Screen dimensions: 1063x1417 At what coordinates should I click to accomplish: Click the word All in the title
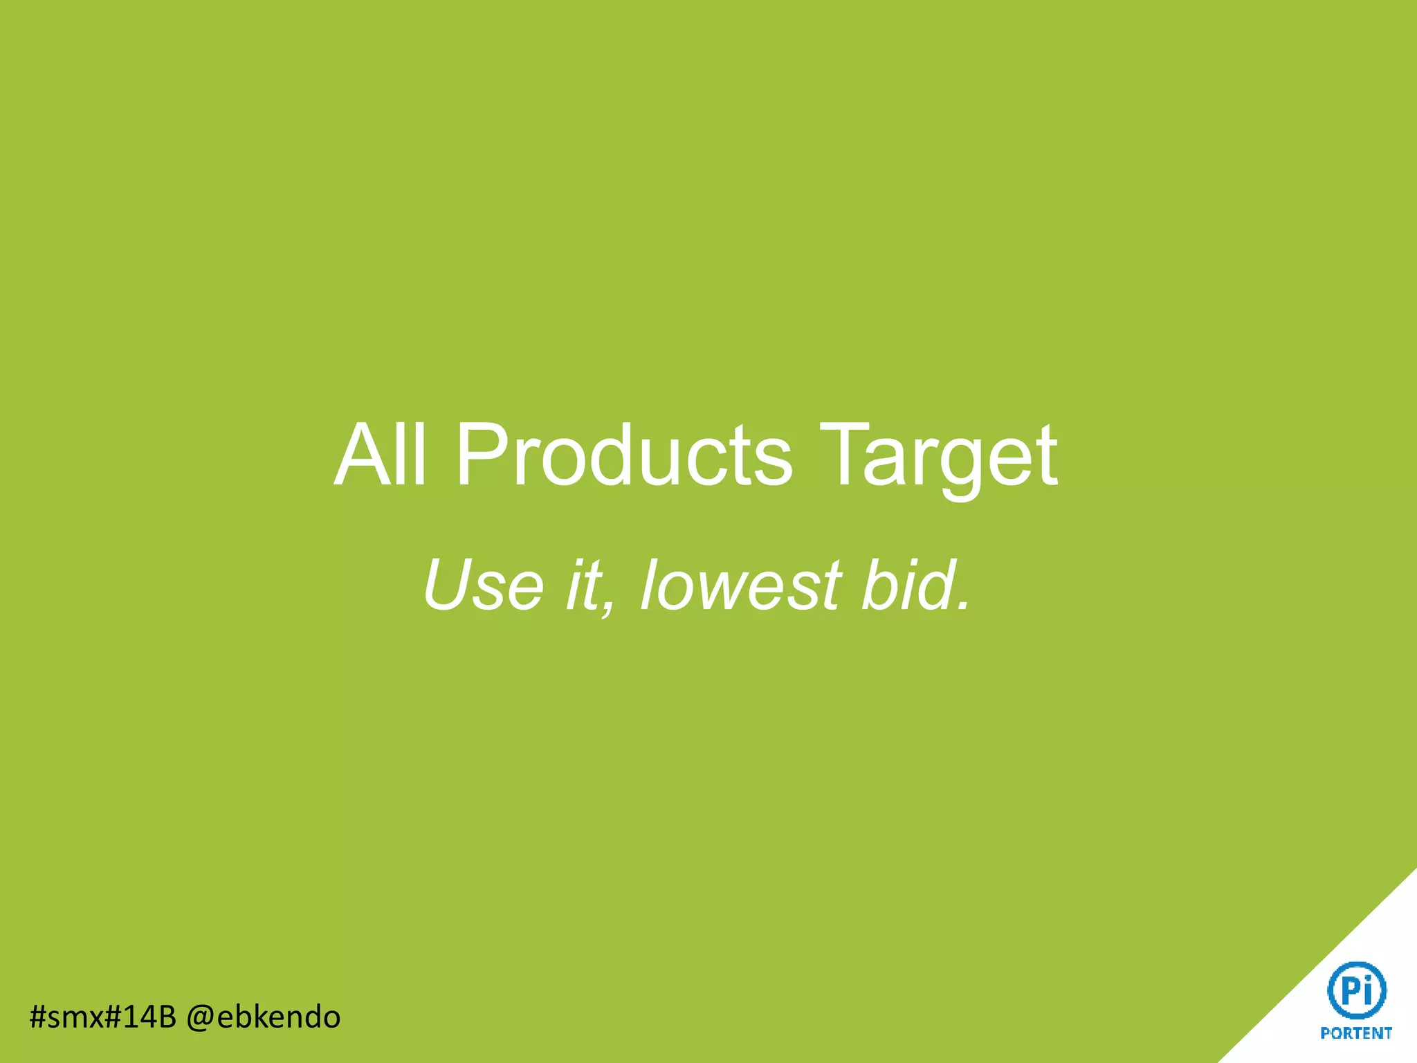pyautogui.click(x=380, y=455)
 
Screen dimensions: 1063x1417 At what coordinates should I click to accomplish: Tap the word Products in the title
pyautogui.click(x=623, y=455)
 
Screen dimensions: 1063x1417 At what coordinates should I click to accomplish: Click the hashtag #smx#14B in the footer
pyautogui.click(x=103, y=1017)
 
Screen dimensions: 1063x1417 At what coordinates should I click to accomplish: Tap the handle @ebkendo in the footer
pyautogui.click(x=264, y=1017)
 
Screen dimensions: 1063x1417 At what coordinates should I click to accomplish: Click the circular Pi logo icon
pyautogui.click(x=1357, y=990)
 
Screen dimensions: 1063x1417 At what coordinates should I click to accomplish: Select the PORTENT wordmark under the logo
pyautogui.click(x=1356, y=1033)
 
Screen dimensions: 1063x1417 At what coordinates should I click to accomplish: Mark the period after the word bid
pyautogui.click(x=962, y=606)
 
